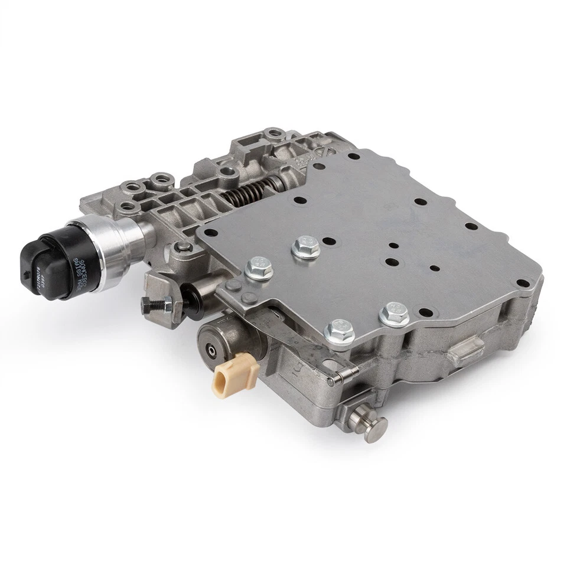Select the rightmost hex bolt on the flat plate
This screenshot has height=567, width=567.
[394, 314]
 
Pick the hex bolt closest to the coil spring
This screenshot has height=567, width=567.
[305, 246]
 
